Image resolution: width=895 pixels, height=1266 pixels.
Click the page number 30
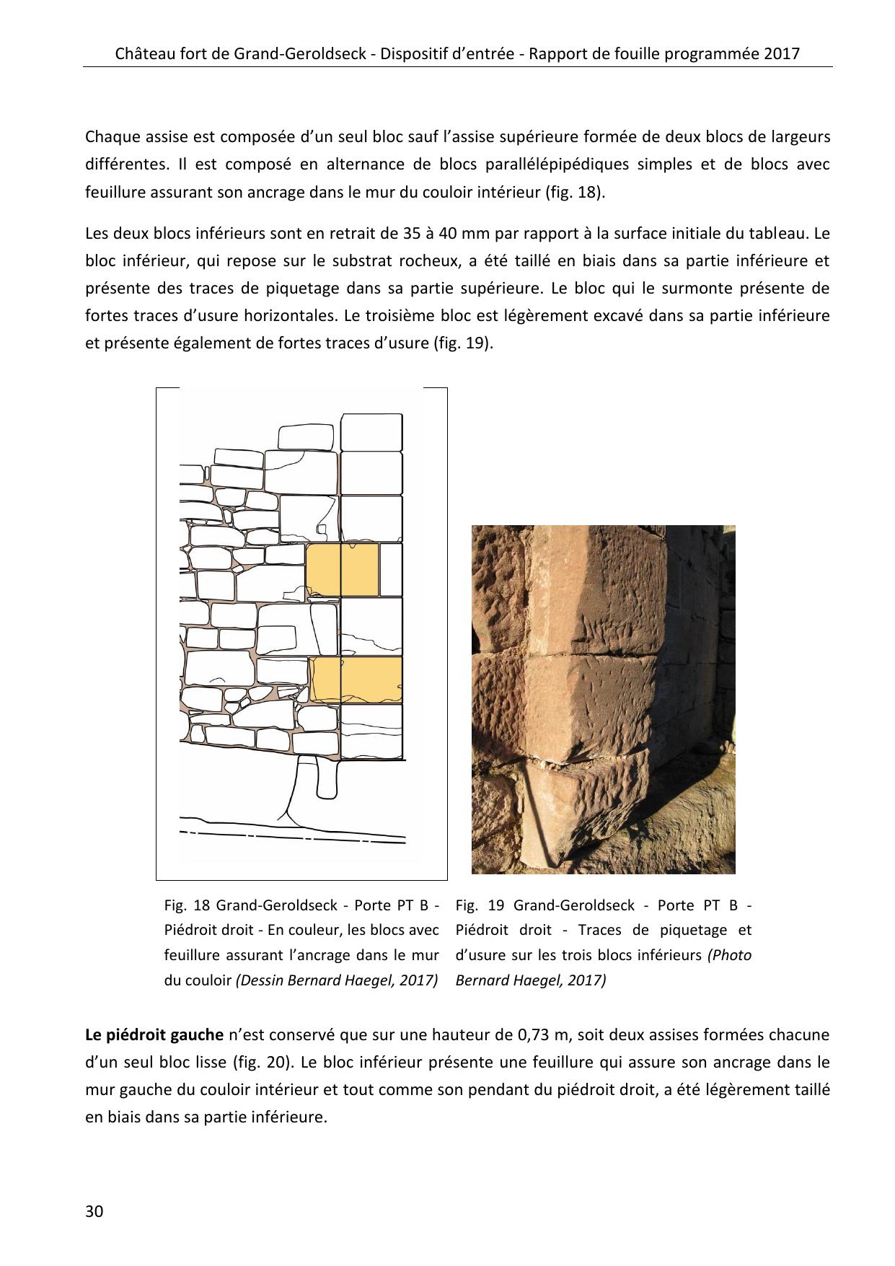pyautogui.click(x=94, y=1210)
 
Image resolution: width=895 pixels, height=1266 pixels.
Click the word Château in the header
pyautogui.click(x=144, y=53)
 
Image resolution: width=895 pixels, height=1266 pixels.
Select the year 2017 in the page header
pyautogui.click(x=783, y=53)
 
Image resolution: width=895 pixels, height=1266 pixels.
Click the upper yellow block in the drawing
pyautogui.click(x=342, y=570)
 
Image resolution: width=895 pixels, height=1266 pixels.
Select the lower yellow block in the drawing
pyautogui.click(x=356, y=678)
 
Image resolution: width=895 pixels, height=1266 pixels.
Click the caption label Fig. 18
pyautogui.click(x=186, y=905)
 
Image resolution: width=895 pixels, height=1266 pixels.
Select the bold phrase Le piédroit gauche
pyautogui.click(x=154, y=1035)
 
